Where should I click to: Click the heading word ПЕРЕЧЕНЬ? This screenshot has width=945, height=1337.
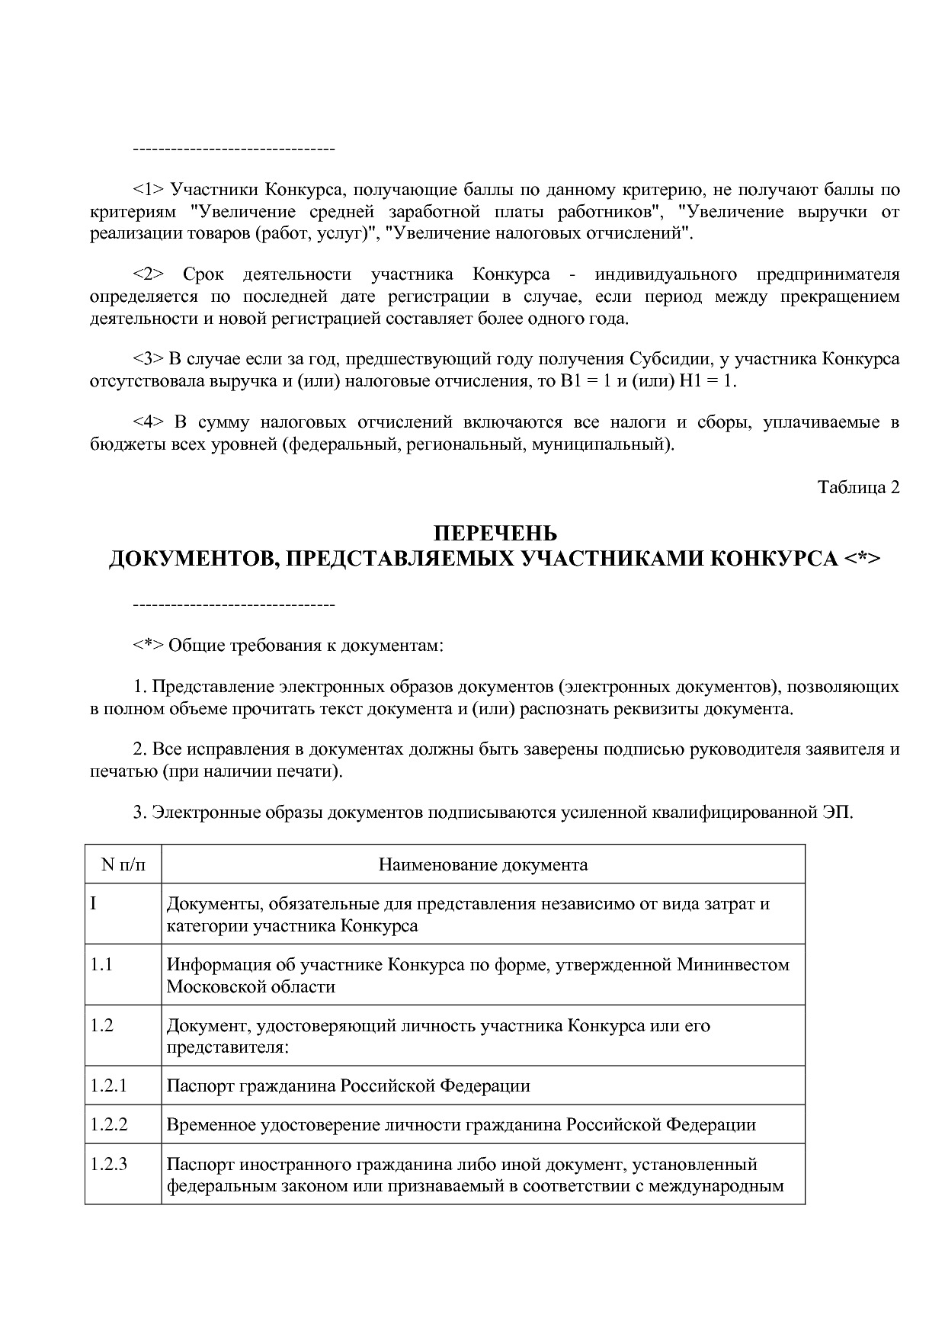pos(495,532)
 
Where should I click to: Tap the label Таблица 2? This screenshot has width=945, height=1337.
pos(859,488)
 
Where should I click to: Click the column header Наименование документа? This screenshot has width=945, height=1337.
pos(483,864)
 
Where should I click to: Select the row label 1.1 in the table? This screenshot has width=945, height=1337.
pos(101,964)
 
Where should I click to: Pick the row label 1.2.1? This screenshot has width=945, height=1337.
pos(108,1085)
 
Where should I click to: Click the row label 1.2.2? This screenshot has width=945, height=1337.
pos(108,1124)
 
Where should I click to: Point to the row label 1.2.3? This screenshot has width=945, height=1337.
pos(108,1164)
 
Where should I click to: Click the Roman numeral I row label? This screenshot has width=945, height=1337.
pos(93,904)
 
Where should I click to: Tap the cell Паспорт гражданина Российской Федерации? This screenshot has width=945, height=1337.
pos(348,1085)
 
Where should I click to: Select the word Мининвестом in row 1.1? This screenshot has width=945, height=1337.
pos(733,964)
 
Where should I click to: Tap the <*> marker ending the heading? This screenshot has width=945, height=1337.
pos(862,559)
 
